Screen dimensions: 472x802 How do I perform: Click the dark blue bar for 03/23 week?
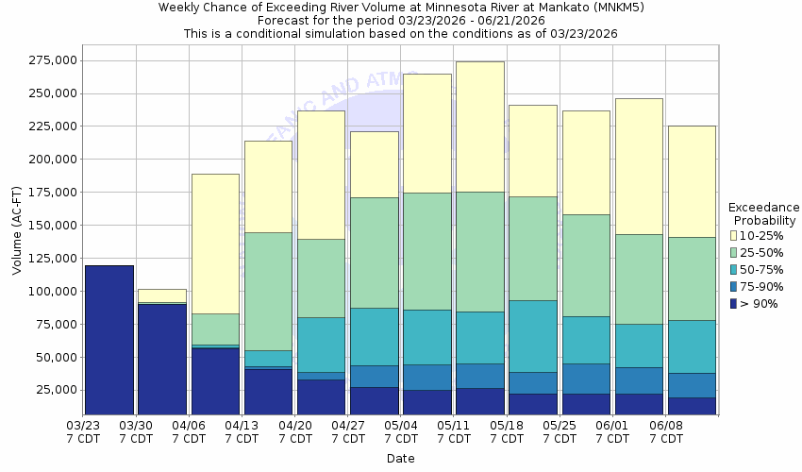click(109, 340)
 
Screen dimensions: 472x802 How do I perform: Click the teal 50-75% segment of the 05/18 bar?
click(532, 336)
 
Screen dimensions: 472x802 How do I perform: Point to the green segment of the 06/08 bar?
click(691, 278)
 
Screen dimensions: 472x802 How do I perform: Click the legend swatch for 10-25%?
click(734, 235)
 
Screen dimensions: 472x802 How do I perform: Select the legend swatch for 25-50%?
click(734, 252)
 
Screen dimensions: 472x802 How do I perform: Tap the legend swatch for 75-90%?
click(734, 286)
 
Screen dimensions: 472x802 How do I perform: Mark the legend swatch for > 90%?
click(734, 303)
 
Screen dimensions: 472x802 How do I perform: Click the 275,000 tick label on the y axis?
click(53, 60)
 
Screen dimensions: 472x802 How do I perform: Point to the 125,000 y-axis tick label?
click(53, 258)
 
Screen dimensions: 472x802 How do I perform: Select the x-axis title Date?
click(400, 459)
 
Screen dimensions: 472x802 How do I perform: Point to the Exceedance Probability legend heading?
click(764, 213)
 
